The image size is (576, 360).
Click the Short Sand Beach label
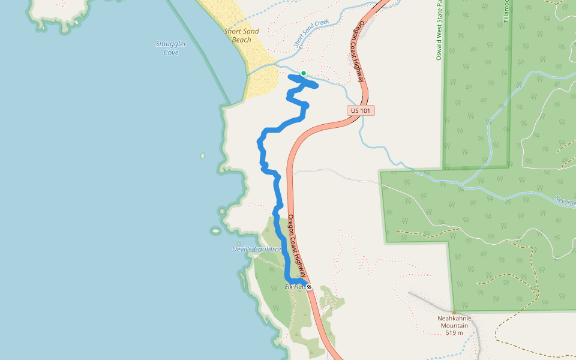pyautogui.click(x=241, y=35)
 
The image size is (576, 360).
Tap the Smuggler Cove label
pyautogui.click(x=171, y=48)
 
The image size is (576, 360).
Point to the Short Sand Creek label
pyautogui.click(x=312, y=32)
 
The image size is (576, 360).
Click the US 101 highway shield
pyautogui.click(x=361, y=110)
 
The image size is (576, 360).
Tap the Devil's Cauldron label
pyautogui.click(x=257, y=249)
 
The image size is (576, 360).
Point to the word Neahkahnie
pyautogui.click(x=454, y=319)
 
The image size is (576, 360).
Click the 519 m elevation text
pyautogui.click(x=454, y=333)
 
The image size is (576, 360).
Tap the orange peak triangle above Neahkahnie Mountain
pyautogui.click(x=454, y=312)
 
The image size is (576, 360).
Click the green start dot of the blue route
pyautogui.click(x=304, y=74)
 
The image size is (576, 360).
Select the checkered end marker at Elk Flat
pyautogui.click(x=309, y=287)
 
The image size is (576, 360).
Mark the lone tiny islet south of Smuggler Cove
pyautogui.click(x=202, y=156)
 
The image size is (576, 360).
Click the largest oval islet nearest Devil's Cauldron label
pyautogui.click(x=215, y=230)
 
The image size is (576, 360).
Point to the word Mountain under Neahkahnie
pyautogui.click(x=454, y=326)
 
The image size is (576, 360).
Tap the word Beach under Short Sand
pyautogui.click(x=241, y=40)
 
